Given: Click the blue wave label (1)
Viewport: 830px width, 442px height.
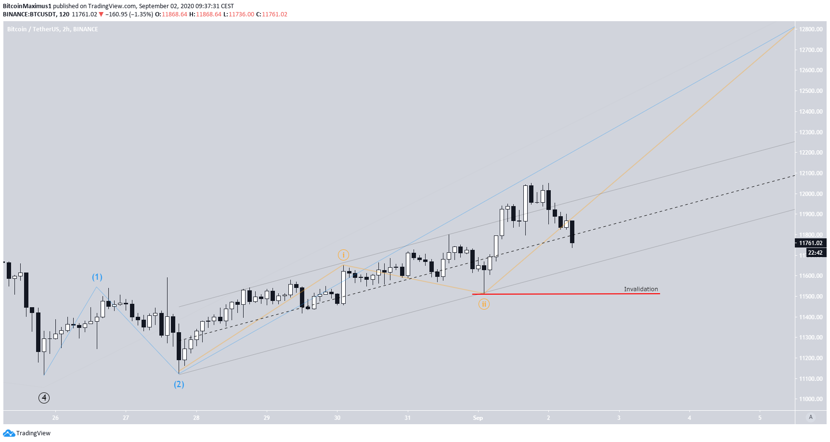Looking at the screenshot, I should click(97, 277).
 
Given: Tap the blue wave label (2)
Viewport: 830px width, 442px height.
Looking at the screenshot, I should click(179, 384).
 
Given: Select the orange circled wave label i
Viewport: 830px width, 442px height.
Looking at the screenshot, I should click(343, 255).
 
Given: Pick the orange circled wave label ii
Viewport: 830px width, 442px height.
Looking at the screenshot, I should click(484, 304).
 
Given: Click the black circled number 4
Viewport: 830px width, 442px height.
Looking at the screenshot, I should click(44, 398).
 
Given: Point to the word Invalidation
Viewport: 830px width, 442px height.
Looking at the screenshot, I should click(641, 289).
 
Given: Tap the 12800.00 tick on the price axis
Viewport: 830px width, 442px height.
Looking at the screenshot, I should click(811, 29).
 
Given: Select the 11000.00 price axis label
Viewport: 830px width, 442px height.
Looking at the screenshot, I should click(811, 399).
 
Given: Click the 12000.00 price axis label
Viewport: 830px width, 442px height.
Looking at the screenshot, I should click(811, 194).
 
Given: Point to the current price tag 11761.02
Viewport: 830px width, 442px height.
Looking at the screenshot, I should click(811, 243).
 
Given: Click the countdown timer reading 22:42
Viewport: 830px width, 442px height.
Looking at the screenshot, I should click(815, 253).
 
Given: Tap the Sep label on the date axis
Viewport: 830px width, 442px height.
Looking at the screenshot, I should click(478, 418).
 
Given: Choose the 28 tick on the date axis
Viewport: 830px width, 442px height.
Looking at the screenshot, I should click(196, 418).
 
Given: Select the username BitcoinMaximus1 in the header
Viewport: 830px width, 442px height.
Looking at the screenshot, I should click(27, 6).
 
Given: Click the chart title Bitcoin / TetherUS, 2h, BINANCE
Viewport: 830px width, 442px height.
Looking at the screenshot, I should click(52, 29).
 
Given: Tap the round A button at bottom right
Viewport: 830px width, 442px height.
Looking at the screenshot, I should click(811, 417).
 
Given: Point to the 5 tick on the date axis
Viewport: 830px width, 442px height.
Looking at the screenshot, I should click(760, 418).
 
